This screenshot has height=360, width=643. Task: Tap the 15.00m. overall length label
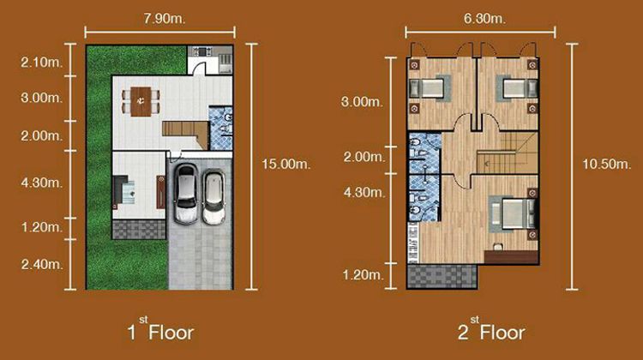tap(284, 160)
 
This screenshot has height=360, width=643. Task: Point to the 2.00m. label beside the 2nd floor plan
tap(361, 157)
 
